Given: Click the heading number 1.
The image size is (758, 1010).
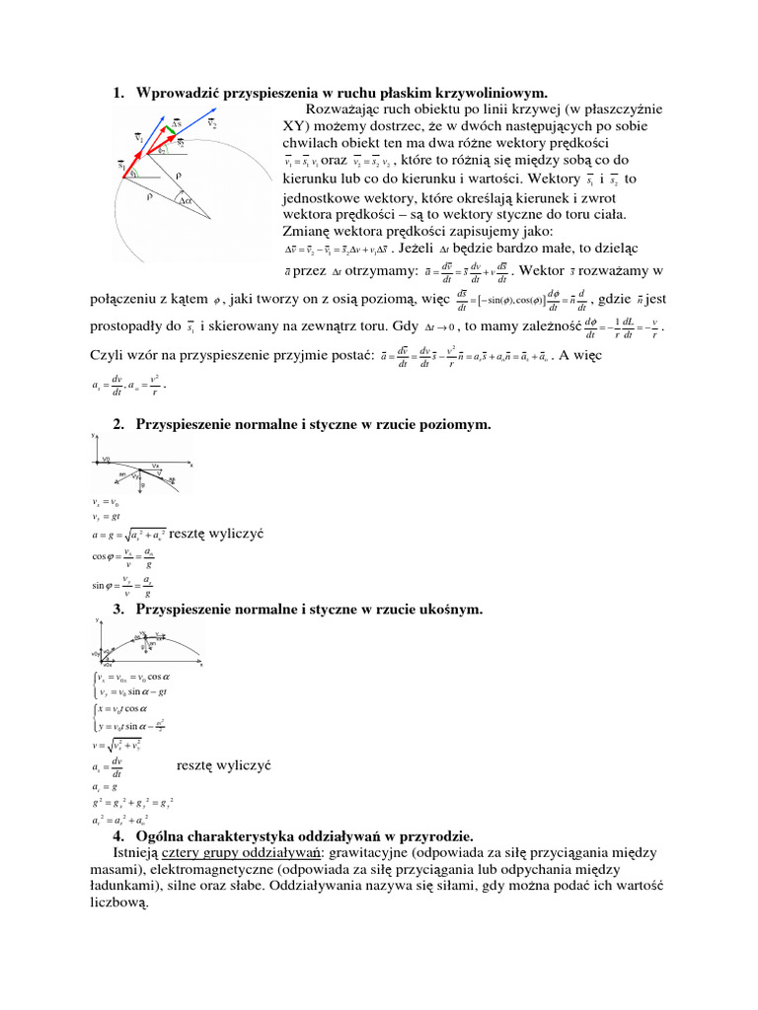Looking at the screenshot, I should [117, 94].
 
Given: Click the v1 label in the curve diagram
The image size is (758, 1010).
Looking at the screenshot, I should [139, 139].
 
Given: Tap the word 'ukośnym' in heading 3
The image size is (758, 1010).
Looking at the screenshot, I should [450, 610].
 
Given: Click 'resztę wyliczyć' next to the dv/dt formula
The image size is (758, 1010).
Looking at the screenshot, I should [223, 764].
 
